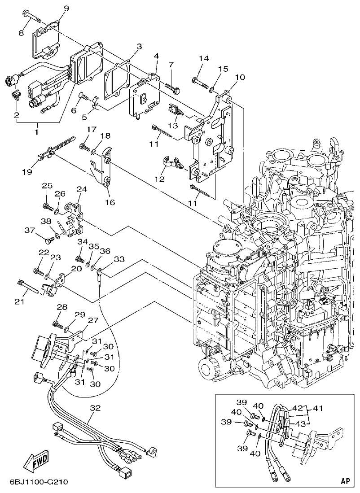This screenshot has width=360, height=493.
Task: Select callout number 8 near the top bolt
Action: [21, 32]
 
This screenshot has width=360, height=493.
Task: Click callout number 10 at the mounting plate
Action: [240, 77]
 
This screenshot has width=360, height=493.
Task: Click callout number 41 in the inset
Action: [318, 409]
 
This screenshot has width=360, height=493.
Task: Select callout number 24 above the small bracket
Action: [81, 190]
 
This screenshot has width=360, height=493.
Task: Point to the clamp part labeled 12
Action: [170, 162]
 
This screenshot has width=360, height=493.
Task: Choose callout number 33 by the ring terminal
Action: [119, 259]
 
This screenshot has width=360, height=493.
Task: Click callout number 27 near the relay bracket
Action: [92, 320]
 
